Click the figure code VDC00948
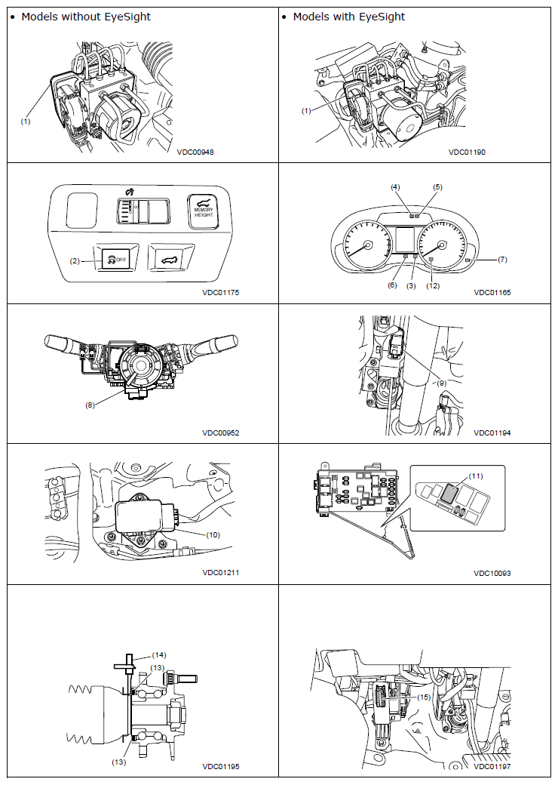click(195, 152)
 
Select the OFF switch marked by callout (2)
click(115, 260)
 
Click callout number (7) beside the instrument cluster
click(502, 260)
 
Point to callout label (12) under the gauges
click(433, 286)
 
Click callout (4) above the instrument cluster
click(395, 187)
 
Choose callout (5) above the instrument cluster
click(437, 187)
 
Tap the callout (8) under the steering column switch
click(90, 405)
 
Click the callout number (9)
click(441, 383)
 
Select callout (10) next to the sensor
click(213, 534)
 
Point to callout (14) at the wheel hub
click(159, 655)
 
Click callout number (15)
click(424, 697)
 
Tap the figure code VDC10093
click(492, 573)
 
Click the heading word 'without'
click(81, 17)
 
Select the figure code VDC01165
click(492, 292)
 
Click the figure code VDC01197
click(492, 766)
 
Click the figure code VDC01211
click(220, 573)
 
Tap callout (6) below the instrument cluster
click(392, 285)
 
